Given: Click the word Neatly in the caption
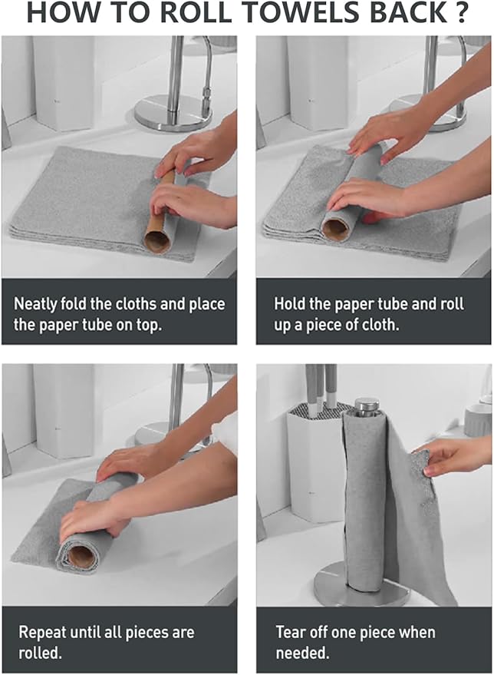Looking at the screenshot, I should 37,304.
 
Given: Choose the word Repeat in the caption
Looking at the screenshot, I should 42,634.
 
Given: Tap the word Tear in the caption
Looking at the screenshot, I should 291,634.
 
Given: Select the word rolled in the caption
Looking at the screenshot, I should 38,653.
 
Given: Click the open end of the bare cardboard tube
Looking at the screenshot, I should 157,242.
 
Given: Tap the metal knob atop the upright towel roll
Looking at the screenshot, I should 367,405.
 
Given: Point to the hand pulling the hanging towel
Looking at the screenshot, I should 453,458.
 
